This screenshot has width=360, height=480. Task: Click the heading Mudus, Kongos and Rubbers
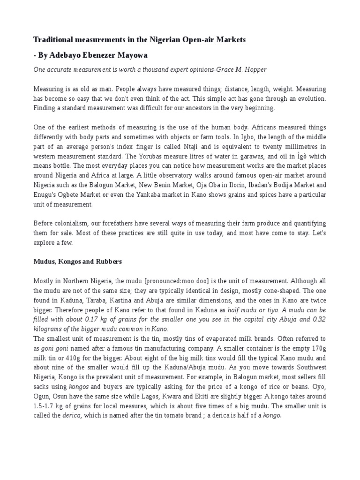coord(77,261)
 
